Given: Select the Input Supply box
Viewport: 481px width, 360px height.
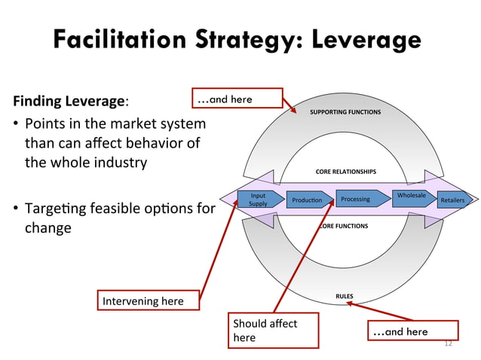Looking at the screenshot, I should pyautogui.click(x=257, y=200).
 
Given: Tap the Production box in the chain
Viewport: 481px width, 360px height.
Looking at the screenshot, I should pyautogui.click(x=306, y=200).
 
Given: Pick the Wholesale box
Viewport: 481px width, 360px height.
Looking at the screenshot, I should pyautogui.click(x=411, y=197).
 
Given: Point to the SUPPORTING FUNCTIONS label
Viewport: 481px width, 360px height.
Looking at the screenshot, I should pyautogui.click(x=345, y=111).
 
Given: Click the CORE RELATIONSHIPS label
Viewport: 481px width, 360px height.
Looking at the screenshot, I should pyautogui.click(x=345, y=172).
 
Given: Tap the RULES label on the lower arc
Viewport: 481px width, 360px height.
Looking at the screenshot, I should pyautogui.click(x=345, y=296).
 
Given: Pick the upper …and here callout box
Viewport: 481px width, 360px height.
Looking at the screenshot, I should pyautogui.click(x=236, y=99).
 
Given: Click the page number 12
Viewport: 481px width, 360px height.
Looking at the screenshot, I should pyautogui.click(x=448, y=343).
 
